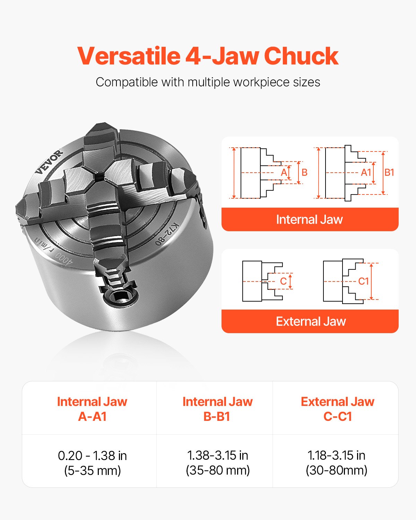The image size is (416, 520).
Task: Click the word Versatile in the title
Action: [x=128, y=56]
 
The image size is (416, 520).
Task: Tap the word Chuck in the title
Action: [x=301, y=56]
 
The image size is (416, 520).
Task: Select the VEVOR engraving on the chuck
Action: [x=50, y=162]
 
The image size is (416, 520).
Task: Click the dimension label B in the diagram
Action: [x=304, y=172]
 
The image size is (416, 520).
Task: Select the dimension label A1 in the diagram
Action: [x=366, y=172]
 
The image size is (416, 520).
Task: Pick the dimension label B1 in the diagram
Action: [x=389, y=172]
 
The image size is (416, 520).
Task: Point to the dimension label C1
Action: [x=363, y=281]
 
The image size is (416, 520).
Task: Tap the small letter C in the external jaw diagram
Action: [x=283, y=281]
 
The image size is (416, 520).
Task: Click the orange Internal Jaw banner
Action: [x=310, y=219]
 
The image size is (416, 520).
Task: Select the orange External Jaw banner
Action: [x=311, y=321]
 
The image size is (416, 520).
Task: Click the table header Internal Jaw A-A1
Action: [x=92, y=409]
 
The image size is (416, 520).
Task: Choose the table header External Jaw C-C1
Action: [x=337, y=409]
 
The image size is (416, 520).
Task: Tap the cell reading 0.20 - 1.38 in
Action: [x=92, y=456]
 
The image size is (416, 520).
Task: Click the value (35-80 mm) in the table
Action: [x=218, y=470]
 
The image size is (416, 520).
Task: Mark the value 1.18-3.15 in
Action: [x=336, y=455]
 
